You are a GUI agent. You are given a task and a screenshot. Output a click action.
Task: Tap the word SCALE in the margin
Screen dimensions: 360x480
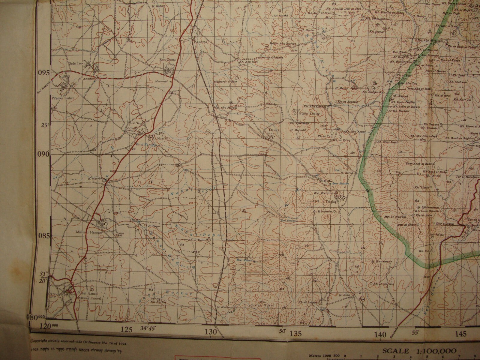[395, 351]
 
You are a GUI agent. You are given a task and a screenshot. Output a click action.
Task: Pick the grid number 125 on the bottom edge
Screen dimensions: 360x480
[127, 330]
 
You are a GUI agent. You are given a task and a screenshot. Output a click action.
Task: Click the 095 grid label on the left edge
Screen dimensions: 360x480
[43, 73]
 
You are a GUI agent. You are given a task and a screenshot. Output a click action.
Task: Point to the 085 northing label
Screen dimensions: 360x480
[43, 236]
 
